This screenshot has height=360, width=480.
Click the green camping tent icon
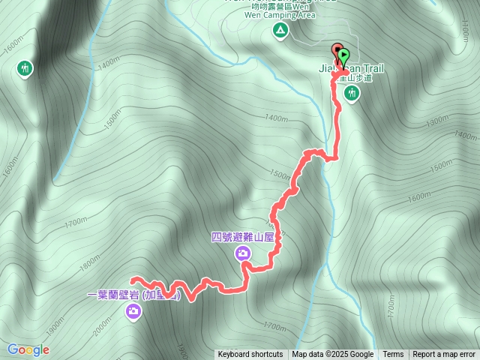280,31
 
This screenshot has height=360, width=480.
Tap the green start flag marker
343,55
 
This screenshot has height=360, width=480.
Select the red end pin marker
336,51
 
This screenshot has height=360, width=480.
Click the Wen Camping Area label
280,13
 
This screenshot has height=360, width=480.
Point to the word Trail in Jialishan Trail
369,70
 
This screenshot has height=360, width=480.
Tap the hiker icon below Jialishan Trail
352,93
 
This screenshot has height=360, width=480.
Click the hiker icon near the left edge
25,69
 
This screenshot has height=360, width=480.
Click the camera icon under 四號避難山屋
244,253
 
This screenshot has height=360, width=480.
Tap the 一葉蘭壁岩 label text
112,295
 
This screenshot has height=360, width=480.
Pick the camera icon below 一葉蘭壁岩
133,311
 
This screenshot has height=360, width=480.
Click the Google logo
28,349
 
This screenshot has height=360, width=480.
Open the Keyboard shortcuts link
250,355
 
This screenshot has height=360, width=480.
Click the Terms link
393,355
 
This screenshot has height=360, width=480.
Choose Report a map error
444,355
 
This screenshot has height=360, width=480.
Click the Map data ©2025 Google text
332,355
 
